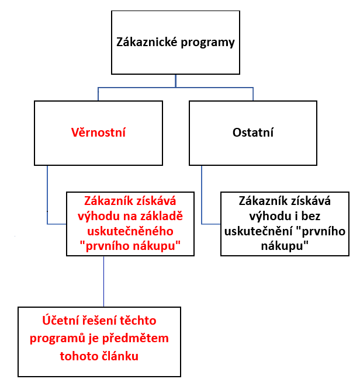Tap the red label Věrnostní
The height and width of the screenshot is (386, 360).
point(98,133)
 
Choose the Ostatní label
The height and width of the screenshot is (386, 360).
point(253,133)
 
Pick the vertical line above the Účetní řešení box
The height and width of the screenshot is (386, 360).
point(103,281)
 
